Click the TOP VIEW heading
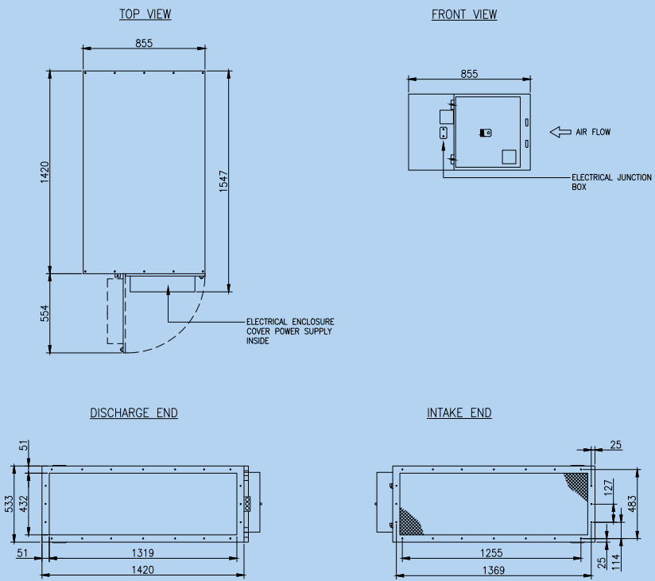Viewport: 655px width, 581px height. pyautogui.click(x=145, y=14)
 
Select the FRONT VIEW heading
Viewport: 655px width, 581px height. pyautogui.click(x=464, y=14)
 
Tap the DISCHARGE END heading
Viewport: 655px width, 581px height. pyautogui.click(x=134, y=413)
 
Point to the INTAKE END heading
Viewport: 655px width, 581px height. pyautogui.click(x=459, y=413)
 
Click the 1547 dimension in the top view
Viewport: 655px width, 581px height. pyautogui.click(x=224, y=181)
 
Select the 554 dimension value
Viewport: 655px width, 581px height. pyautogui.click(x=45, y=313)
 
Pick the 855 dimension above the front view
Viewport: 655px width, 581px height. pyautogui.click(x=469, y=74)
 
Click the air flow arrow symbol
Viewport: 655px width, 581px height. pyautogui.click(x=560, y=132)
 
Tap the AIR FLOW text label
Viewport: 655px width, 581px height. pyautogui.click(x=593, y=132)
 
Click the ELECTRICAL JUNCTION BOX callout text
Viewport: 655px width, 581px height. pyautogui.click(x=611, y=182)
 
